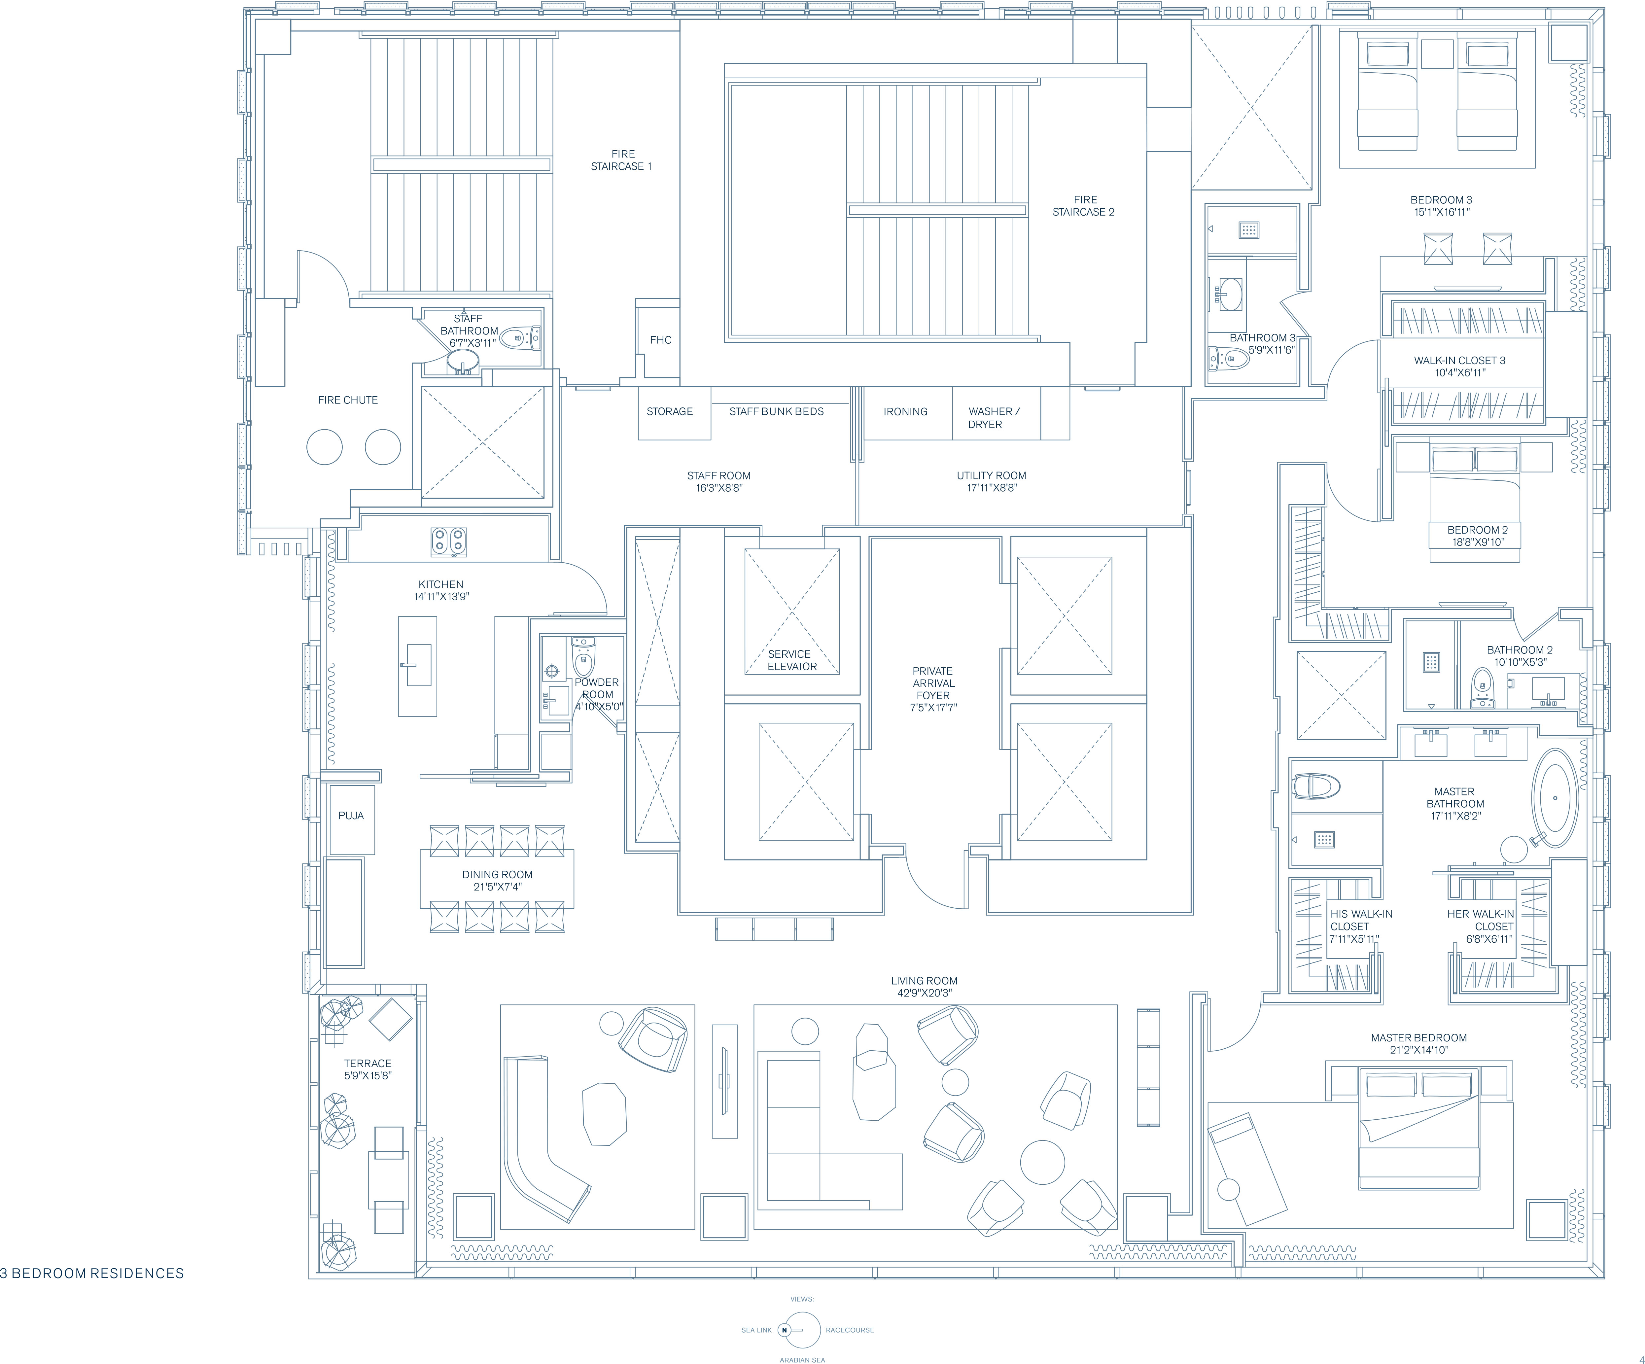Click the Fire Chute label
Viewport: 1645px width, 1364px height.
[348, 400]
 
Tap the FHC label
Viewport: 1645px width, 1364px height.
[660, 340]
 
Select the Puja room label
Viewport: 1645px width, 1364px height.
[351, 816]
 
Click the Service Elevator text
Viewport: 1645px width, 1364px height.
[792, 660]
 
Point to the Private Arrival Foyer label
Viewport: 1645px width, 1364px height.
[933, 689]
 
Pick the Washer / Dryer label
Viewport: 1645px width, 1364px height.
[993, 418]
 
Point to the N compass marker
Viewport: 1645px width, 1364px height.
[784, 1330]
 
